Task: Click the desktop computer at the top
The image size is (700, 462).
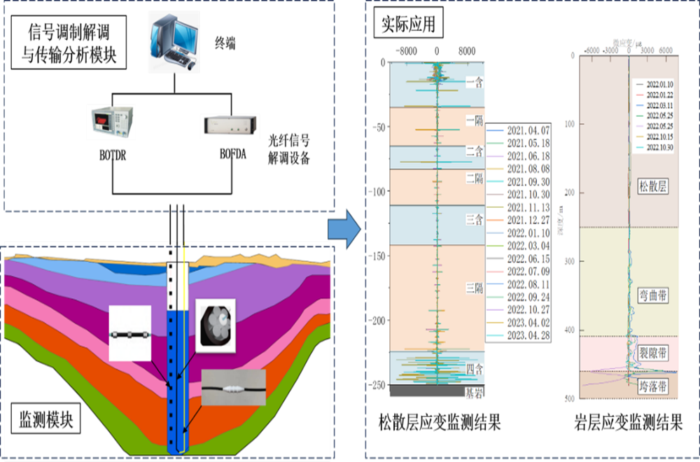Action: (174, 42)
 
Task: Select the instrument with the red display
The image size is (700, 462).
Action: (111, 122)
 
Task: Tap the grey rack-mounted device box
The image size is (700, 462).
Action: (230, 125)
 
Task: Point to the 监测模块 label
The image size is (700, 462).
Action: (45, 420)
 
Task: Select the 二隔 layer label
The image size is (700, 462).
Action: (475, 178)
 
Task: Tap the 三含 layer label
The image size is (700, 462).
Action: (475, 220)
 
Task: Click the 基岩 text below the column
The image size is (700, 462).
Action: (474, 394)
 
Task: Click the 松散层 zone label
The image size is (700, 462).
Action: (653, 186)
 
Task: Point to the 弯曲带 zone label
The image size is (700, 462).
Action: (653, 296)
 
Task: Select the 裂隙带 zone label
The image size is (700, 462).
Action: (653, 352)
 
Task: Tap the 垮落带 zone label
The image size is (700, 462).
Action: (653, 386)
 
